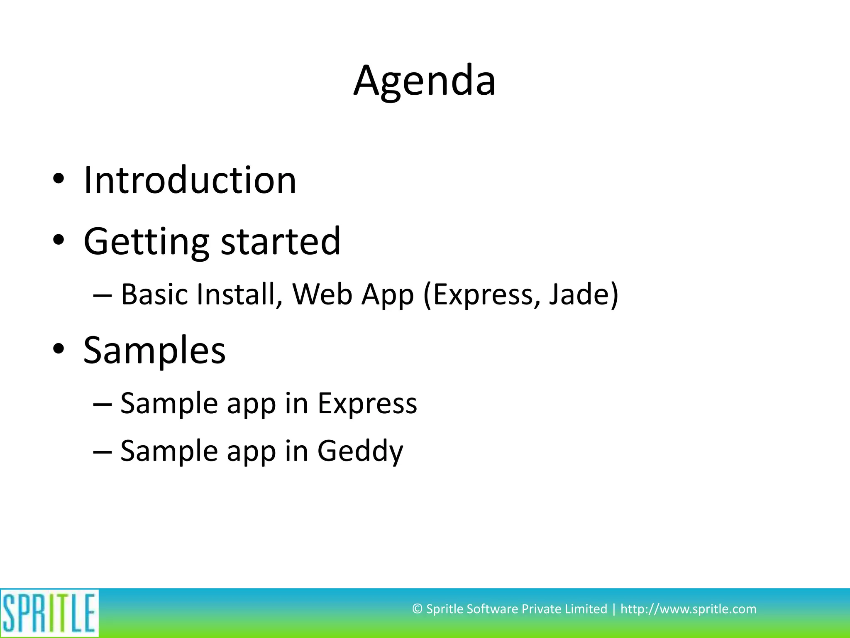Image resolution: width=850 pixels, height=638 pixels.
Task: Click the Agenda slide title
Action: (424, 81)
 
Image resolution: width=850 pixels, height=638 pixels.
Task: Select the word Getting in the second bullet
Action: (146, 242)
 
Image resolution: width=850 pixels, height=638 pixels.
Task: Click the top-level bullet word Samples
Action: (154, 350)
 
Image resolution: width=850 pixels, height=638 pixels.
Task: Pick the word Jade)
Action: (584, 294)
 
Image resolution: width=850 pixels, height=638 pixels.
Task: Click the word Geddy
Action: (360, 452)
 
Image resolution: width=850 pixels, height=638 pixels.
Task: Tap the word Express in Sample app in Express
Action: (367, 404)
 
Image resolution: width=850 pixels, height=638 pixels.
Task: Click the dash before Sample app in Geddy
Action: (102, 452)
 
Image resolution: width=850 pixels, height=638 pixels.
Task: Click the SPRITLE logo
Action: (49, 613)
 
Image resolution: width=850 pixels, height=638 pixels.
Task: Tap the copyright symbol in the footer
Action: (417, 609)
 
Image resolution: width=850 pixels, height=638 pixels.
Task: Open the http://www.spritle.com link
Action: (688, 609)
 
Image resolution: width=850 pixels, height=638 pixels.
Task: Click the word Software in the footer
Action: (492, 609)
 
